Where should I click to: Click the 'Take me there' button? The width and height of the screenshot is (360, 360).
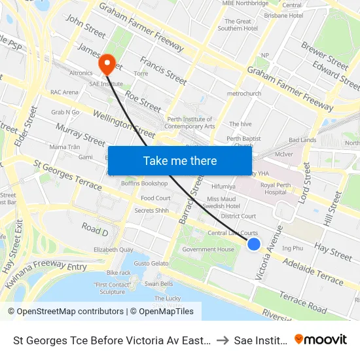(180, 160)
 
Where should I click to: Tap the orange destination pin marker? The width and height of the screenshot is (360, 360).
(107, 64)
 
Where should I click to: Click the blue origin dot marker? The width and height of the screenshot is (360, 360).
(254, 244)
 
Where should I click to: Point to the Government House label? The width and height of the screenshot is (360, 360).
(208, 249)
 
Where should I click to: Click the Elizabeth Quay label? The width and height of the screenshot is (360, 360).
(115, 250)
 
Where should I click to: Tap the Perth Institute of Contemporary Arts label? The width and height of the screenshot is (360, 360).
(190, 123)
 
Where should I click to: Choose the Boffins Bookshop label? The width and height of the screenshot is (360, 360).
(145, 183)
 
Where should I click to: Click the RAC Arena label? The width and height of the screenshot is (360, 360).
(64, 92)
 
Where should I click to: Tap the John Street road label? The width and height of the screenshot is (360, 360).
(85, 27)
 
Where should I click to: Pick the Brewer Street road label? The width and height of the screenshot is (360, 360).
(325, 55)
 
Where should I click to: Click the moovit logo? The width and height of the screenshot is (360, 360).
(321, 339)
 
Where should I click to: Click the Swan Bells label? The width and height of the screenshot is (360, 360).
(158, 283)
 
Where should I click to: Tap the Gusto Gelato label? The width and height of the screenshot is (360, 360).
(151, 263)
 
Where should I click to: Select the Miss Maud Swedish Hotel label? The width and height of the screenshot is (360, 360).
(223, 202)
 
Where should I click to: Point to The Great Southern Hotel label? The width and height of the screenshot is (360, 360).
(234, 25)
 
